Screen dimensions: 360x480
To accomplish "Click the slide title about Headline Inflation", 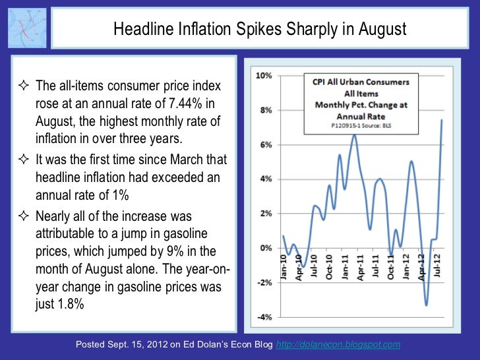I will tap(260, 30).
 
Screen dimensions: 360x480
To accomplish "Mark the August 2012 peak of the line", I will tap(441, 120).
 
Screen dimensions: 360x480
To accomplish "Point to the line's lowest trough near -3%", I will tap(427, 305).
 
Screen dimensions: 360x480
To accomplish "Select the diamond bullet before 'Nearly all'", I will tap(24, 216).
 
